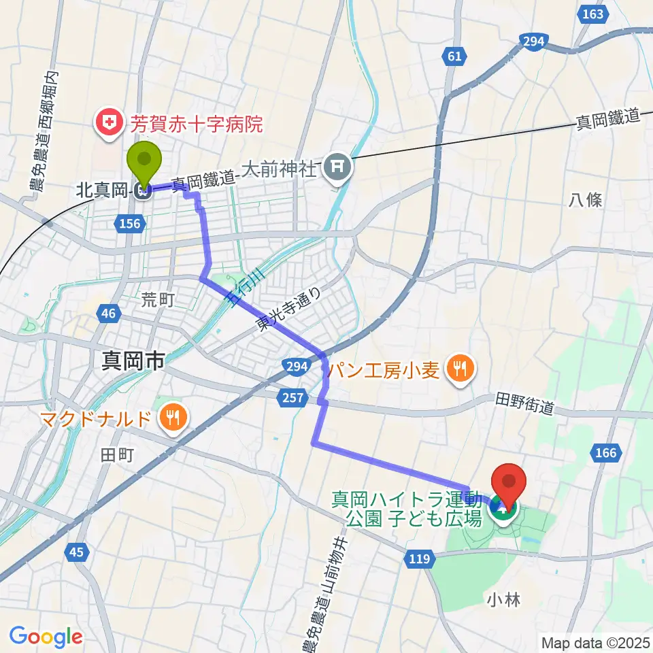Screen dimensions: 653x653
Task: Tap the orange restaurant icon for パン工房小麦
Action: [x=461, y=369]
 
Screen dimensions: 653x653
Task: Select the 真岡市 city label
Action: [x=133, y=361]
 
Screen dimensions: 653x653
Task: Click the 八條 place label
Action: [x=585, y=199]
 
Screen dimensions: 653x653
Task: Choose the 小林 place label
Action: [x=504, y=599]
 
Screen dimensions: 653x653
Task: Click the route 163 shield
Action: [x=593, y=14]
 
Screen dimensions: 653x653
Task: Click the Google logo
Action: [x=46, y=636]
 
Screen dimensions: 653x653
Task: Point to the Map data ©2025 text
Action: [x=595, y=641]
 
